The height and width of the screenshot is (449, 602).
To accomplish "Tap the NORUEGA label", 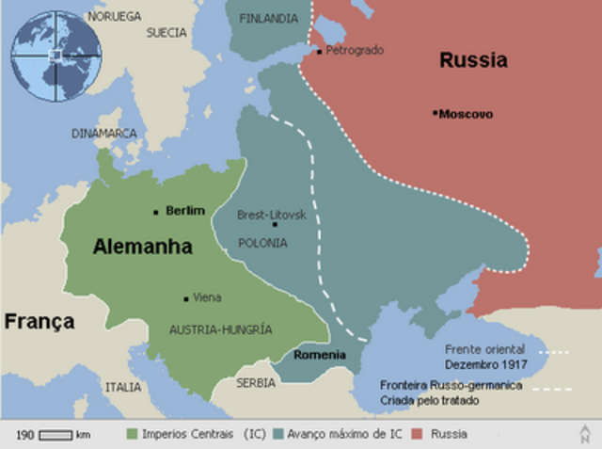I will pos(115,16).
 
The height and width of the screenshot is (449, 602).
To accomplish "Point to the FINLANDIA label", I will pos(270,18).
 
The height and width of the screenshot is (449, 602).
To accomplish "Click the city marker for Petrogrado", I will pos(320,51).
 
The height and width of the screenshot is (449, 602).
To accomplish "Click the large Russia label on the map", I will pos(473,61).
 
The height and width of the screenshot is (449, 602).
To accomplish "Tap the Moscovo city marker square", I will pos(436,113).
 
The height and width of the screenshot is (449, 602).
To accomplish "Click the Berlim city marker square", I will pos(156,212).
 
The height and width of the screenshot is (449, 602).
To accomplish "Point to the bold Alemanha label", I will pos(142,248).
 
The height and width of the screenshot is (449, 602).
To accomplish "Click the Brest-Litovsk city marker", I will pos(274,224).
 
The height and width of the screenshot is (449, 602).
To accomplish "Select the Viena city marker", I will pos(186,298).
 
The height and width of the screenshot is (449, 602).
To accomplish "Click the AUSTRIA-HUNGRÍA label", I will pos(220,329).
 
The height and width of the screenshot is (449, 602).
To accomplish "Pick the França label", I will pos(40,322).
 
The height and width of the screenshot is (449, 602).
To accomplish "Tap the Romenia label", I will pos(319,355).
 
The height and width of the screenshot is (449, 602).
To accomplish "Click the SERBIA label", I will pos(256,383).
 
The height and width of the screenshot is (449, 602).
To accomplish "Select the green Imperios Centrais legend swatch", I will pos(132,434).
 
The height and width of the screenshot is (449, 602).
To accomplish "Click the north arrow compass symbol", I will pos(585,433).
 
